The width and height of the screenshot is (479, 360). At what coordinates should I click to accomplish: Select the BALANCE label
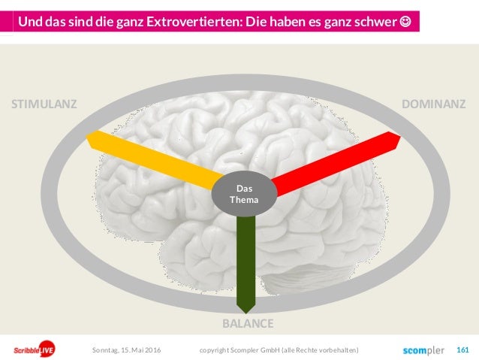(x=248, y=324)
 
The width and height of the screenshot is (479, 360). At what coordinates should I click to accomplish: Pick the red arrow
(x=338, y=160)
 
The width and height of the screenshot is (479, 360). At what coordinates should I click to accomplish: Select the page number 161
(x=462, y=349)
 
